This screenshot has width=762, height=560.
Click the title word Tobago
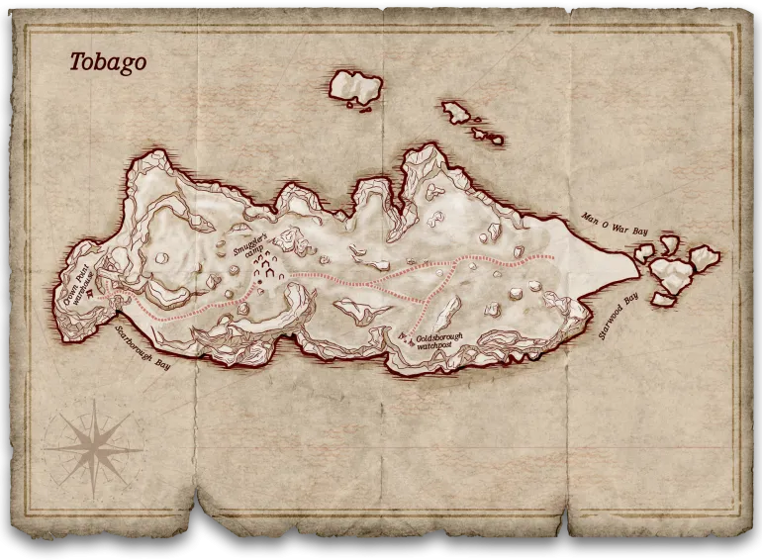point(107,62)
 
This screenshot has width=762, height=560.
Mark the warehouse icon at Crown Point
point(92,293)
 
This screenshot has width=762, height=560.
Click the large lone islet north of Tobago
point(355,87)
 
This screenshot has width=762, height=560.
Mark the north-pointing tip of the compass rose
point(94,401)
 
